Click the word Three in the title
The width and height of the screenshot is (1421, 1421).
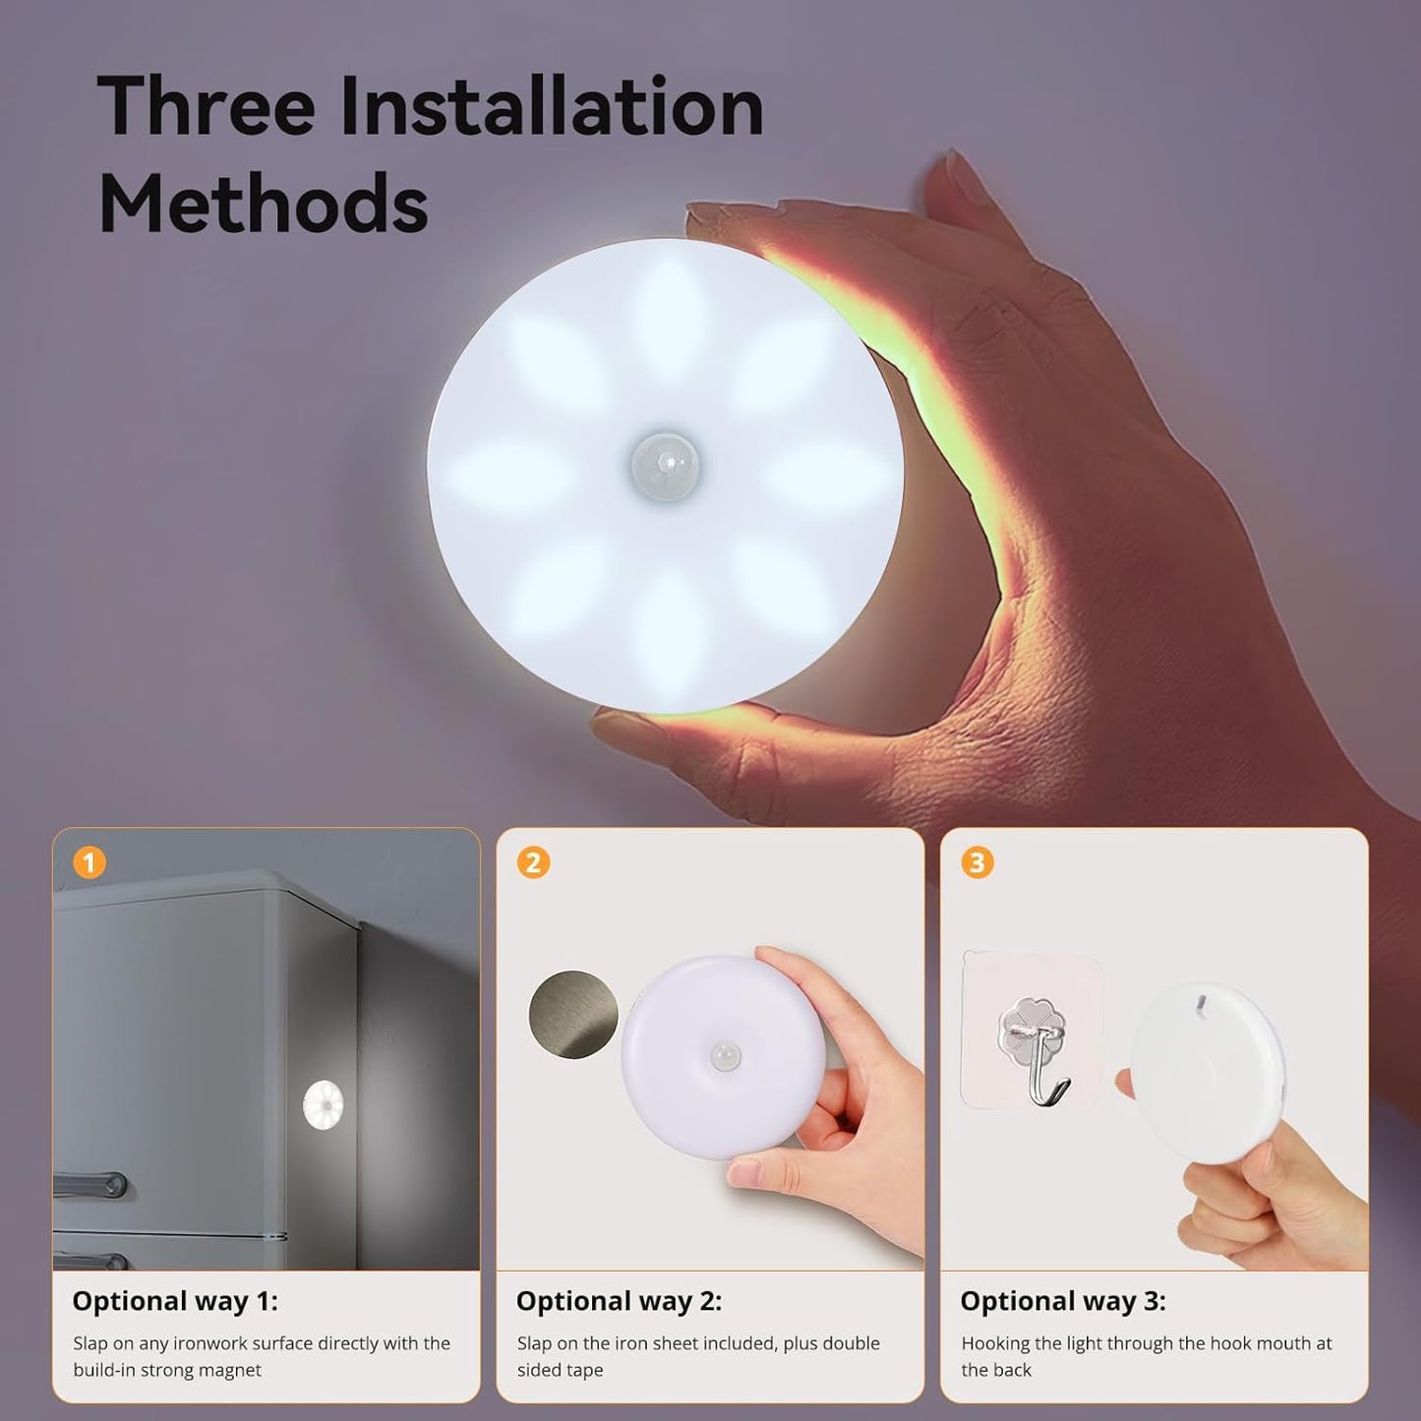coord(206,106)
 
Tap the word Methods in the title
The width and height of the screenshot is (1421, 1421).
coord(263,203)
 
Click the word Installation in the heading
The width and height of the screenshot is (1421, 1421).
coord(552,106)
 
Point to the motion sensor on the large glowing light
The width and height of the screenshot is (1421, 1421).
coord(665,462)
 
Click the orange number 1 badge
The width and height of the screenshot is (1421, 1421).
coord(89,863)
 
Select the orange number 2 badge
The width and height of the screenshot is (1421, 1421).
coord(533,863)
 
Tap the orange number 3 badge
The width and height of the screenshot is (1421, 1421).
coord(977,863)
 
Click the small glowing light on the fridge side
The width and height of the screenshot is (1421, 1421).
coord(323,1104)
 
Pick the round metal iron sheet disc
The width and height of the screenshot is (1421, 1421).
coord(573,1015)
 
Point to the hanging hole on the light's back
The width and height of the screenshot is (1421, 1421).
coord(1200,1005)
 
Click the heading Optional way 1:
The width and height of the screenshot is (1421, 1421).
coord(175,1301)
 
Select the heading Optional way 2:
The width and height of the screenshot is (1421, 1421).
coord(619,1301)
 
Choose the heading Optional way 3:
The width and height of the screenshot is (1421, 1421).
coord(1063,1301)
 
